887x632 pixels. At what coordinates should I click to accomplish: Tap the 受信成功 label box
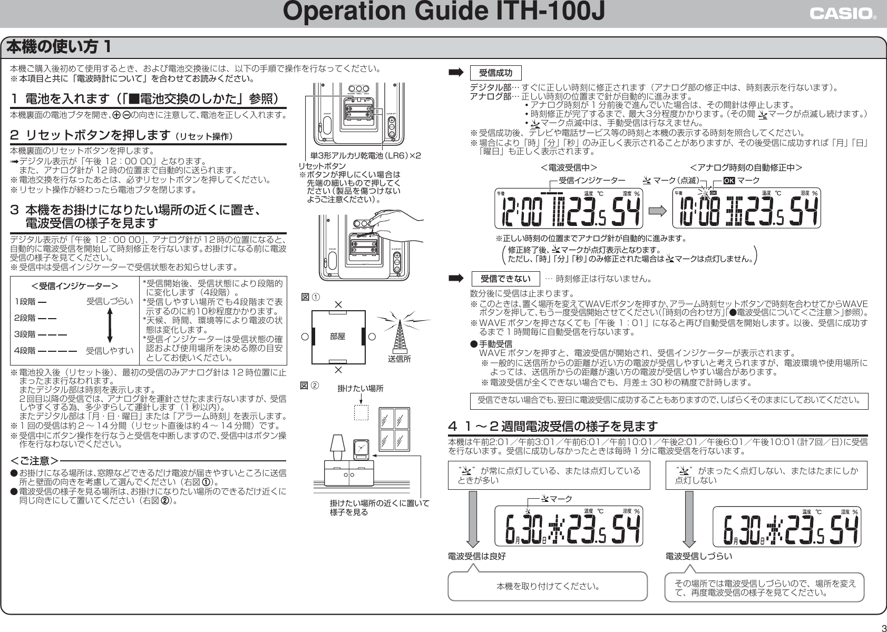click(495, 73)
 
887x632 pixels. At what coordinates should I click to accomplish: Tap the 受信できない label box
click(505, 278)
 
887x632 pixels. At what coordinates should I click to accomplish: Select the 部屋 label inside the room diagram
click(337, 337)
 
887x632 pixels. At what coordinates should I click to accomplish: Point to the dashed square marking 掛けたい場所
click(361, 412)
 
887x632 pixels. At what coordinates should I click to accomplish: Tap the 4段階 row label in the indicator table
click(25, 350)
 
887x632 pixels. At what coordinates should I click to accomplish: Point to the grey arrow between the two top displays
click(658, 210)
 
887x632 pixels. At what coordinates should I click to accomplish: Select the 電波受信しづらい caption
click(698, 556)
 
